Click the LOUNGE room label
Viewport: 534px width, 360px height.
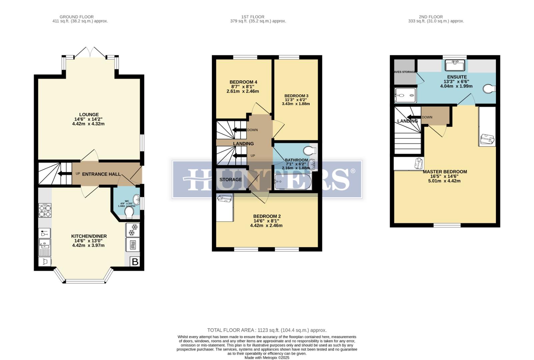(x=89, y=115)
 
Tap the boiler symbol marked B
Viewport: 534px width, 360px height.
(x=135, y=262)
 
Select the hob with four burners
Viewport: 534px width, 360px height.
(x=45, y=210)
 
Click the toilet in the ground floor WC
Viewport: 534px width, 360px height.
(x=129, y=212)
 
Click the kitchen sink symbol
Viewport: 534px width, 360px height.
(x=45, y=247)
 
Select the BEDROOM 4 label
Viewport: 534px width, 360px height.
(x=243, y=82)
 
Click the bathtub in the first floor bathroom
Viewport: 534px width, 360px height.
(x=292, y=182)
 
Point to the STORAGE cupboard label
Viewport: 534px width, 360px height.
(x=231, y=180)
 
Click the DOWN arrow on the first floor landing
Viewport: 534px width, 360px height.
(x=239, y=130)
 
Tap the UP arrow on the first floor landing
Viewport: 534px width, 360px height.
(x=239, y=156)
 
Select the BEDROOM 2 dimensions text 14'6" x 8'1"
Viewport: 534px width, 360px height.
(x=266, y=221)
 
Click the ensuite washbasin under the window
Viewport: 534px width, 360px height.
(x=455, y=65)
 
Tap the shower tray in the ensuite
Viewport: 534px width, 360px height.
(x=405, y=95)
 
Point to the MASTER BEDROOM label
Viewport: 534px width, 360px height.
(x=445, y=172)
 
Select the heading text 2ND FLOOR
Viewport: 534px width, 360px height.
(x=431, y=17)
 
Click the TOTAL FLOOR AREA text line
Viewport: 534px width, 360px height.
(x=267, y=330)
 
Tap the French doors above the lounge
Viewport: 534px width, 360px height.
(x=90, y=52)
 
